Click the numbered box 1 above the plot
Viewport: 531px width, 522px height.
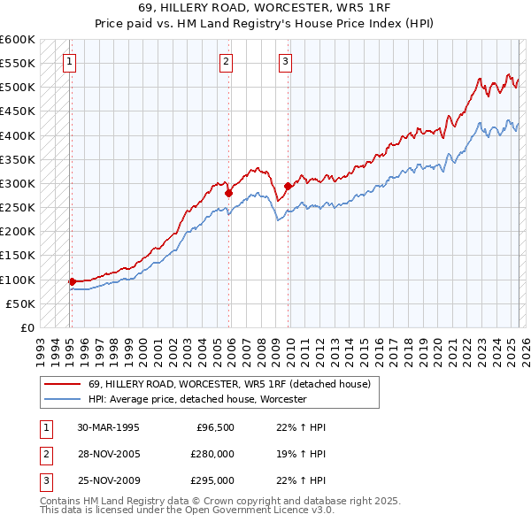(69, 61)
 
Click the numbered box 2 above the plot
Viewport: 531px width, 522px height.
(227, 61)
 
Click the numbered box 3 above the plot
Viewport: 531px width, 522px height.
(286, 61)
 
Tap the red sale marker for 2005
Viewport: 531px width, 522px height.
(228, 193)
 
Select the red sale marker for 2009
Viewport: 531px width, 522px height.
(288, 186)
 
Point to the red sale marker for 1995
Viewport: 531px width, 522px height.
(72, 281)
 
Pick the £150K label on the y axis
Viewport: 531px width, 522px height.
(17, 256)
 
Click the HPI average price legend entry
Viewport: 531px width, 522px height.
(196, 399)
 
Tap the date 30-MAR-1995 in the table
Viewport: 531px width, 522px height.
(108, 427)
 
